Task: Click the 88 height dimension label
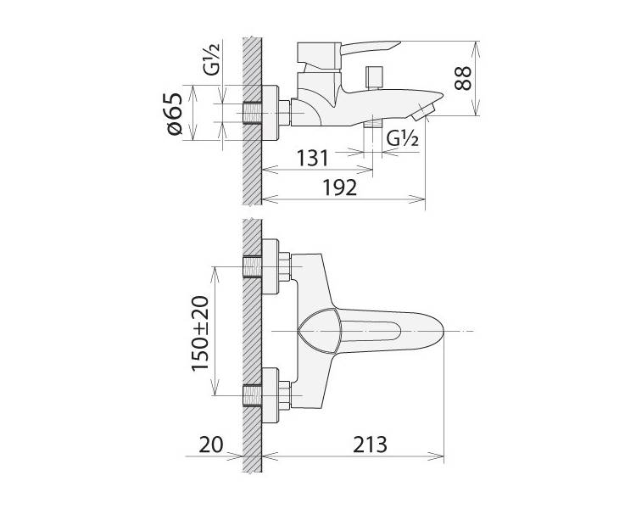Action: coord(463,78)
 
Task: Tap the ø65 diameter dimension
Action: coord(175,114)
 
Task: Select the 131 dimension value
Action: coord(312,159)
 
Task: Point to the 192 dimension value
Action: coord(340,187)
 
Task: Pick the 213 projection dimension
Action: coord(370,445)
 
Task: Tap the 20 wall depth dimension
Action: coord(211,445)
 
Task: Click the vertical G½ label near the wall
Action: coord(211,59)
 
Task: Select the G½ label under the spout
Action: coord(402,139)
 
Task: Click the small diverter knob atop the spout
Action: coord(374,77)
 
